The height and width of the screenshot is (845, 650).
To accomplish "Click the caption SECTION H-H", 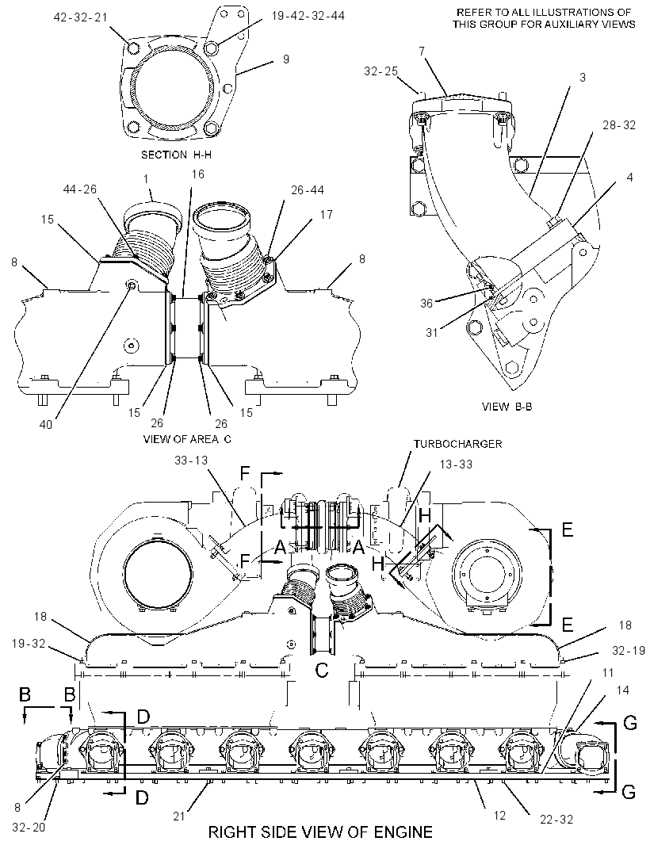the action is coord(176,155).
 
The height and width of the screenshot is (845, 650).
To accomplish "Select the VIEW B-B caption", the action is coord(507,407).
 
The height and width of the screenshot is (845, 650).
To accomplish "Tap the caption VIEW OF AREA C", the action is coord(187,438).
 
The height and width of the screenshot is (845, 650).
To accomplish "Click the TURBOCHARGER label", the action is coord(457,444).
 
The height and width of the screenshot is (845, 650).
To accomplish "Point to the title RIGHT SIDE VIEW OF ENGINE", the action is coord(320,832).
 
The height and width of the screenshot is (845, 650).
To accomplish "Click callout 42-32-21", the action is coord(80,17).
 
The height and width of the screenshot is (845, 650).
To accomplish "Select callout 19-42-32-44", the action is coord(308,16).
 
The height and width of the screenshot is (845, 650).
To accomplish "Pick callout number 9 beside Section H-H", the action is coord(285,59).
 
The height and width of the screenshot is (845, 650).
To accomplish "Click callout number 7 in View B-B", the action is coord(422,52).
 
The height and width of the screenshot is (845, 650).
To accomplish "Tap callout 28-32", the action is coord(619,125).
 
